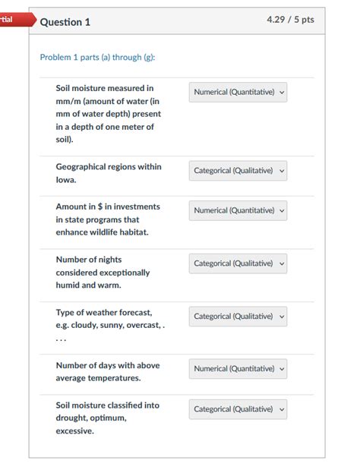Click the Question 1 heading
pyautogui.click(x=65, y=22)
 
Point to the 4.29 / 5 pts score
pyautogui.click(x=290, y=20)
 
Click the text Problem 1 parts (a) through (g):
pyautogui.click(x=98, y=58)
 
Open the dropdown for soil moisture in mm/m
pyautogui.click(x=238, y=93)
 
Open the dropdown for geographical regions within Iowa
pyautogui.click(x=238, y=171)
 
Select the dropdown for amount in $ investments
pyautogui.click(x=238, y=210)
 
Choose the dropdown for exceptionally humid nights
pyautogui.click(x=238, y=263)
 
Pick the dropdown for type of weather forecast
pyautogui.click(x=238, y=316)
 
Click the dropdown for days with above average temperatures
pyautogui.click(x=238, y=368)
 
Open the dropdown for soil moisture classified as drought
pyautogui.click(x=238, y=409)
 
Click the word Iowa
pyautogui.click(x=66, y=180)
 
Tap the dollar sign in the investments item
pyautogui.click(x=100, y=207)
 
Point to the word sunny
pyautogui.click(x=112, y=325)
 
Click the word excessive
pyautogui.click(x=74, y=430)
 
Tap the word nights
pyautogui.click(x=107, y=259)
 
